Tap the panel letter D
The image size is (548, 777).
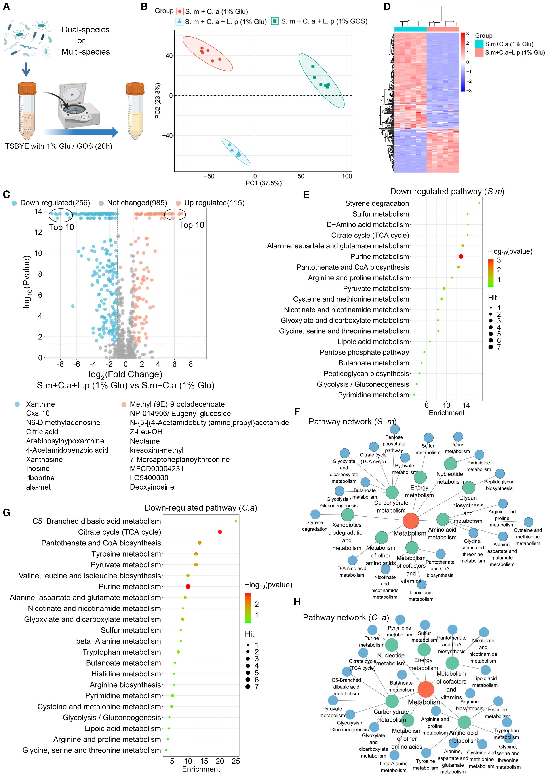pos(387,7)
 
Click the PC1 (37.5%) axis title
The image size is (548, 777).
pos(263,183)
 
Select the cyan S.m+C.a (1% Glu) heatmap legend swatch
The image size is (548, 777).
pos(479,44)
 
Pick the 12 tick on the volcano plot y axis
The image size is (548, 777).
pos(38,232)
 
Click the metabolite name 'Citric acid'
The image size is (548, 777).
pos(42,432)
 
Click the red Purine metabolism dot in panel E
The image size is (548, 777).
pos(461,256)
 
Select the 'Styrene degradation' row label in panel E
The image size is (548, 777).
pos(377,203)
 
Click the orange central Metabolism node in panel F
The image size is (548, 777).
pos(411,521)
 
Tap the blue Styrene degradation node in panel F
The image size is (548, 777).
pos(315,514)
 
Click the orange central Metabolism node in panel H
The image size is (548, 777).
pos(425,689)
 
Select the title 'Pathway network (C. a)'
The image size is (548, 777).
pos(346,618)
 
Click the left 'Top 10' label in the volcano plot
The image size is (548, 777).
pos(61,227)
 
